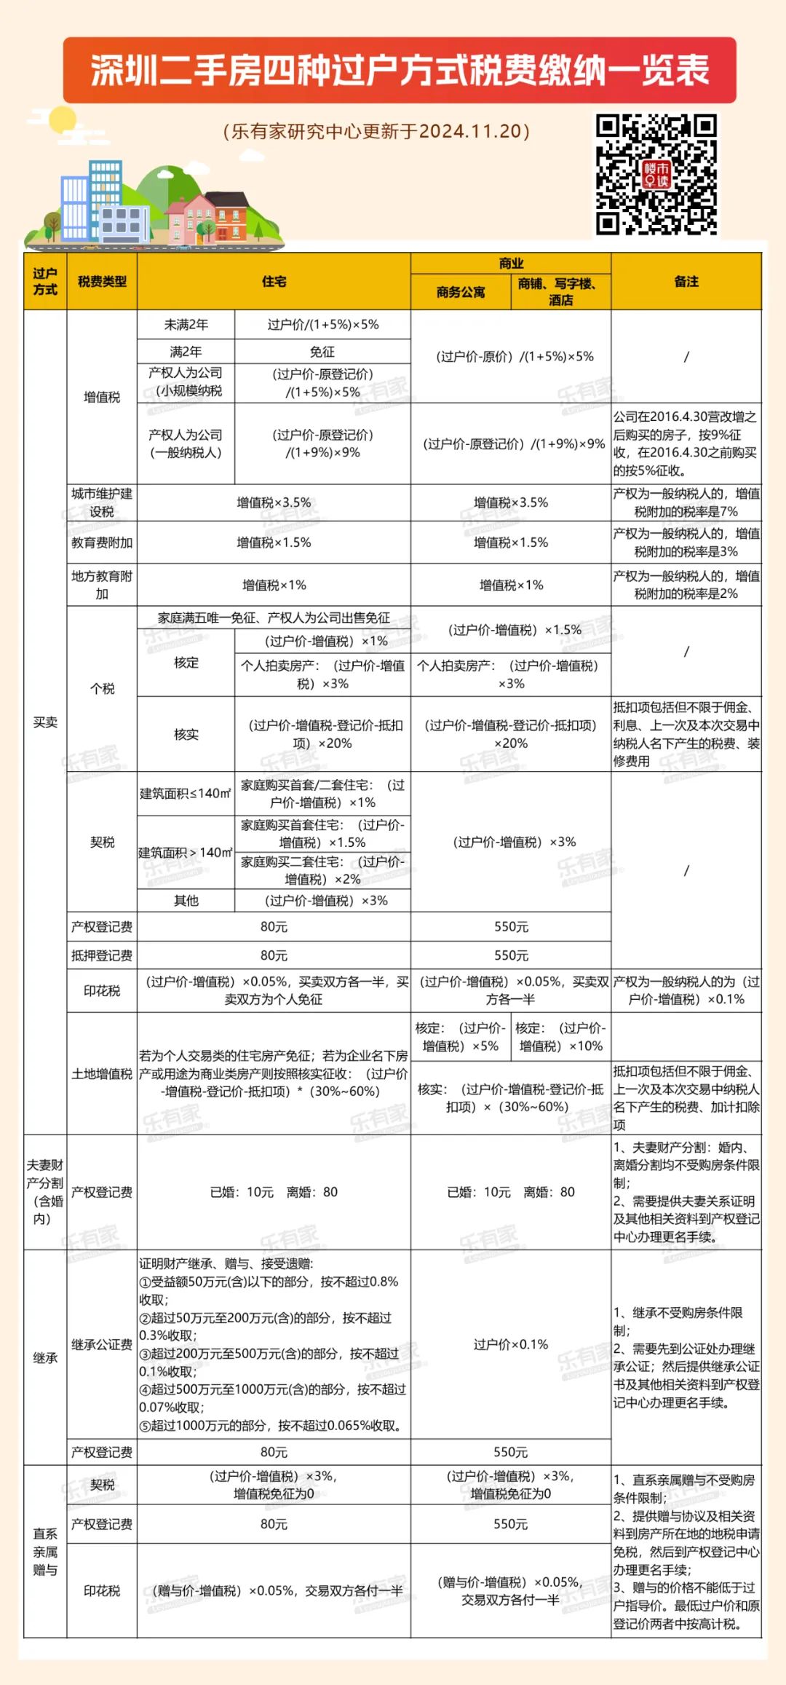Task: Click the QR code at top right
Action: (656, 175)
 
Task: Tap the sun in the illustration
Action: (61, 120)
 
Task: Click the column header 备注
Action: (686, 282)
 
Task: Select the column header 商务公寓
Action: (461, 293)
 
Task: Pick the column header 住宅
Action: (274, 282)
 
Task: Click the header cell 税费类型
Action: (102, 282)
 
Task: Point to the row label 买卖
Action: (45, 722)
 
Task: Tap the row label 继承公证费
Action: (102, 1344)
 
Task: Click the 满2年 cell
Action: (186, 352)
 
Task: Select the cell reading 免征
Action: (322, 352)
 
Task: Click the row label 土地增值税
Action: (102, 1073)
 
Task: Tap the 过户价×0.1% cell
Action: (511, 1344)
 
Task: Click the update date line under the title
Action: (376, 131)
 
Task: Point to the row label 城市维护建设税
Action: (102, 502)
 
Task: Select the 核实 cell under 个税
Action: (186, 734)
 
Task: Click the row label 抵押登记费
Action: (102, 955)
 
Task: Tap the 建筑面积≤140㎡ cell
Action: (186, 793)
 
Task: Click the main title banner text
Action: (400, 71)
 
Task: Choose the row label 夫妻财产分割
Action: (45, 1192)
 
